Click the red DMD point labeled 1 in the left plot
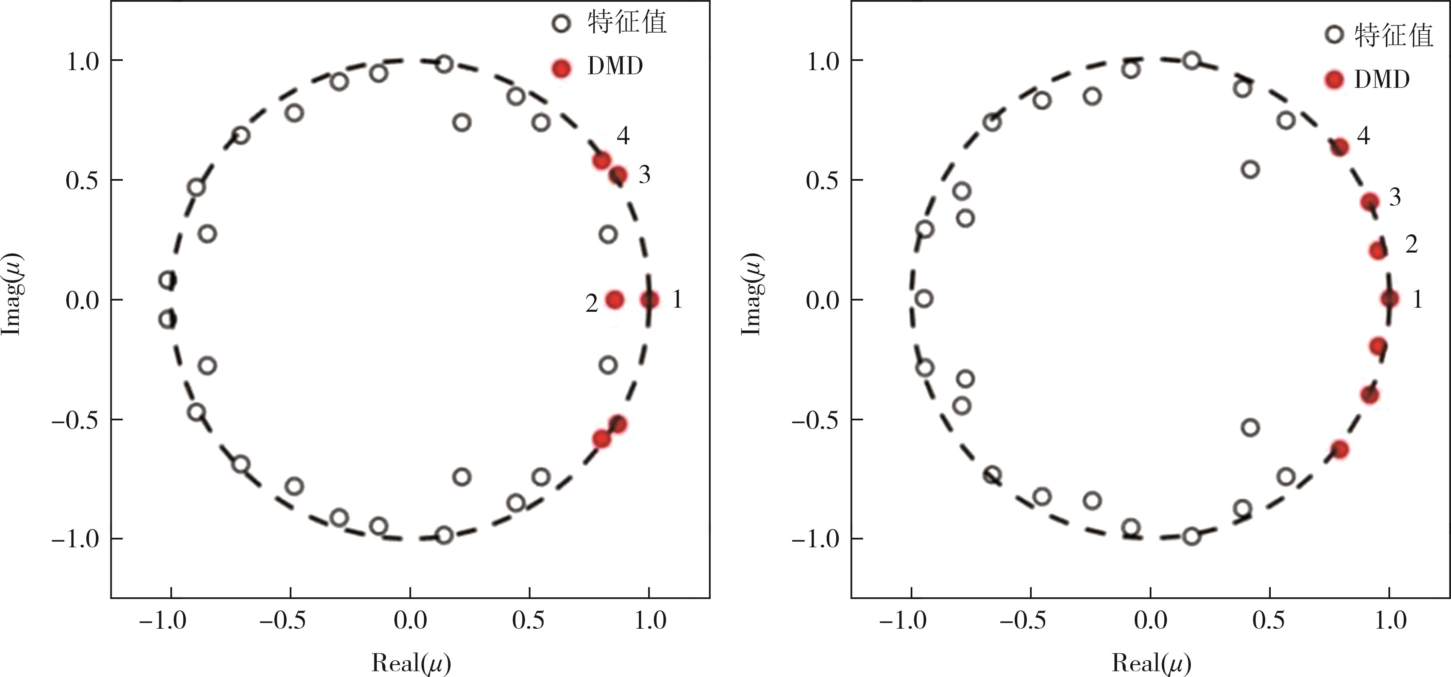pos(649,300)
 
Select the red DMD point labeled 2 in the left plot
pos(614,300)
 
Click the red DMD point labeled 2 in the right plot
pos(1378,250)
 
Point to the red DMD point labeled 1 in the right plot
pos(1389,299)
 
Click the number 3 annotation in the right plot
pos(1395,197)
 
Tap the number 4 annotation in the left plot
pos(622,136)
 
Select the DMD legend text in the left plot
pos(615,66)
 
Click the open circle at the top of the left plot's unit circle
pos(444,64)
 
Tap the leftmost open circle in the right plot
pos(924,299)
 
